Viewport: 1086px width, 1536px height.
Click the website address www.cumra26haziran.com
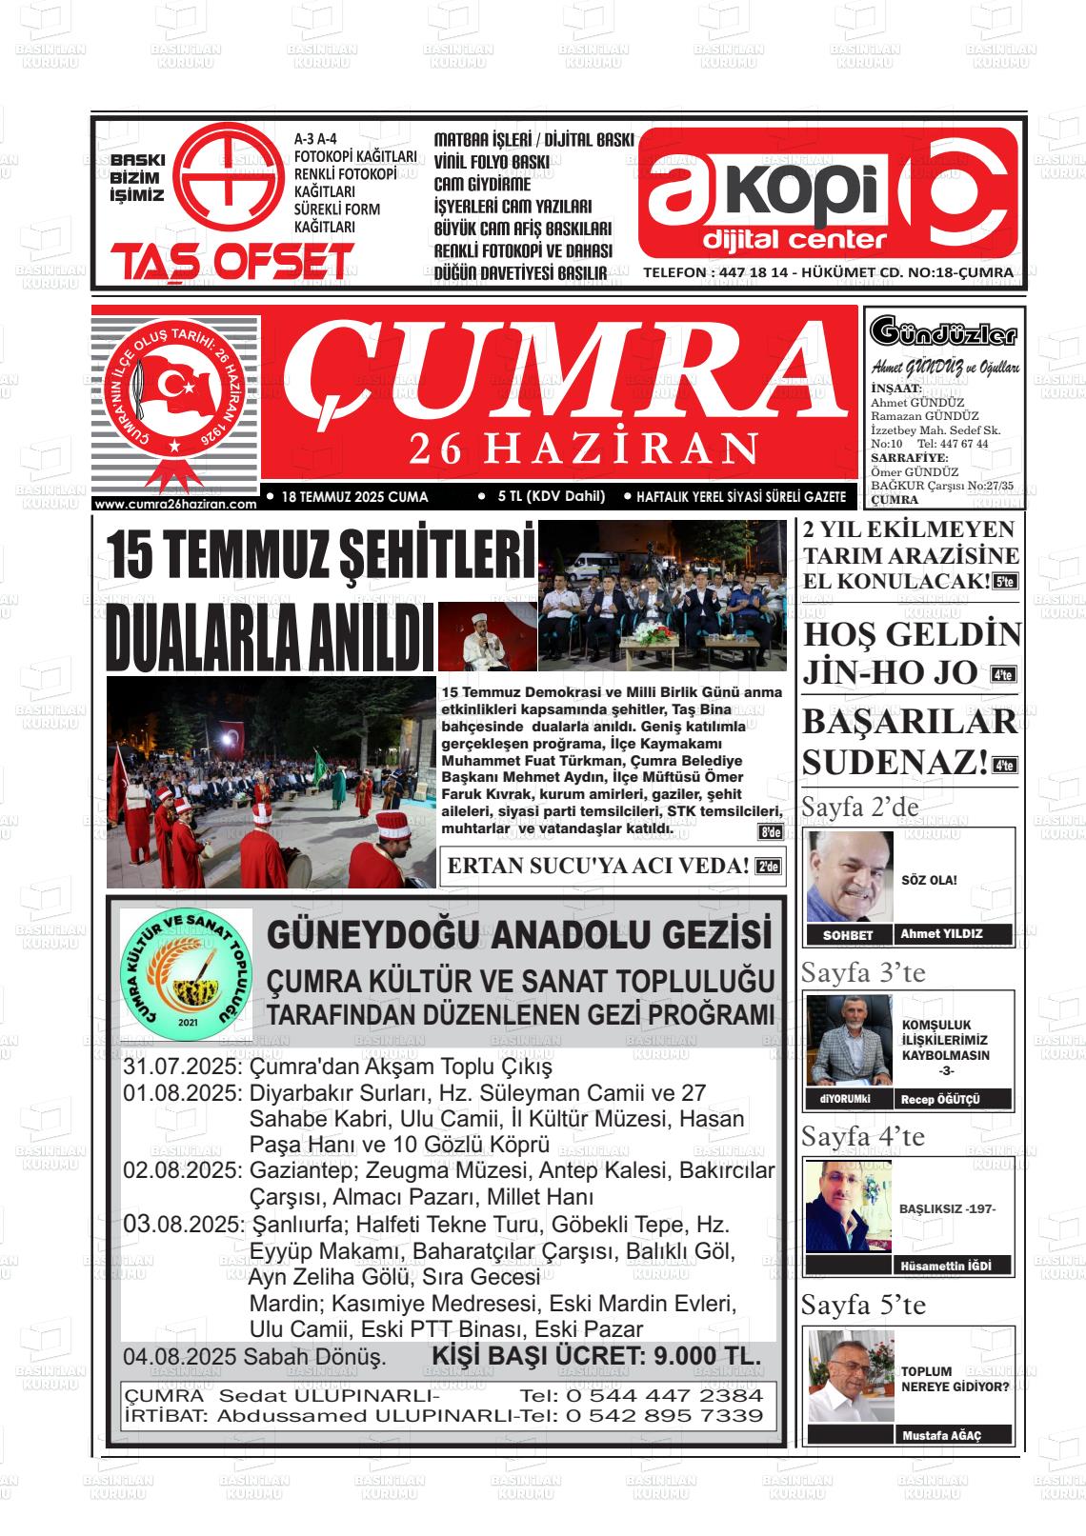coord(176,505)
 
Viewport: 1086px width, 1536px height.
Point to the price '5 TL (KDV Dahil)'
coord(551,496)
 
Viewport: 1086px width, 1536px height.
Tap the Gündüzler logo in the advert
coord(943,333)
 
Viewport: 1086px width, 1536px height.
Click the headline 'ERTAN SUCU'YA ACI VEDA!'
coord(597,866)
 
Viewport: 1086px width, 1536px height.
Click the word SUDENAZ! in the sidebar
coord(895,762)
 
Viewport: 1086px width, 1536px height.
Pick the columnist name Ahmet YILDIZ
coord(942,934)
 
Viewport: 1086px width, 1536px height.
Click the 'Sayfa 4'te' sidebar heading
coord(862,1136)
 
